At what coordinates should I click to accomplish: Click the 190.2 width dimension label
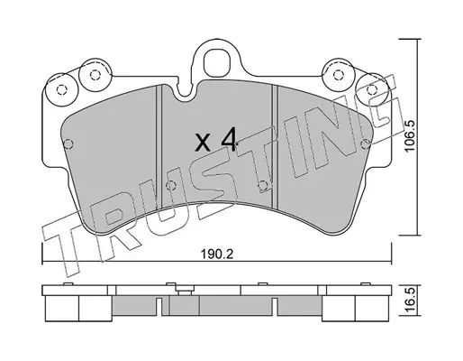[x=217, y=255]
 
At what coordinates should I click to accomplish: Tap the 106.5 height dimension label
[x=410, y=136]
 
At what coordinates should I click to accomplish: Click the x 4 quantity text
[x=215, y=140]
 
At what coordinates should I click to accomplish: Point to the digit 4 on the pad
[x=229, y=140]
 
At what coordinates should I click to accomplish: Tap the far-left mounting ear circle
[x=61, y=89]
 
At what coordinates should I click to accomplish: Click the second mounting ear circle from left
[x=95, y=75]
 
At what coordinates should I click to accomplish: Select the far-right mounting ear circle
[x=372, y=89]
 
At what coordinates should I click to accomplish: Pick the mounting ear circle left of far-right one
[x=339, y=74]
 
